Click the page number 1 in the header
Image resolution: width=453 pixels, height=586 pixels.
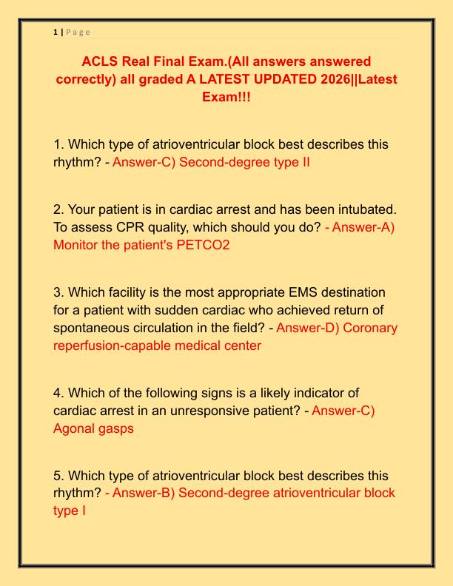56,32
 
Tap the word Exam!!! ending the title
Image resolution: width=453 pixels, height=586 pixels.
226,97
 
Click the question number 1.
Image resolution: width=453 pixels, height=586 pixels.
58,144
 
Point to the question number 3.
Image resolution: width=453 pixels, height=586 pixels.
58,292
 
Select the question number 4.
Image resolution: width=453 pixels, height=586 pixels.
58,393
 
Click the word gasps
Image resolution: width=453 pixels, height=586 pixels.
118,428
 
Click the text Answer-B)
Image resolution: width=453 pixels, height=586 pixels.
140,494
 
